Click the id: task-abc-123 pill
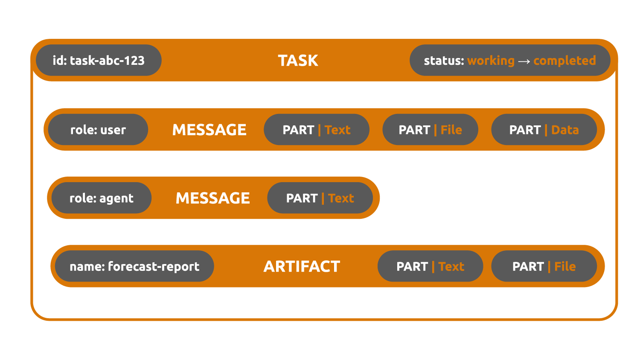pyautogui.click(x=99, y=60)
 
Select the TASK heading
pyautogui.click(x=298, y=61)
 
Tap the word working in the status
pyautogui.click(x=491, y=61)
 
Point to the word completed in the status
pyautogui.click(x=564, y=61)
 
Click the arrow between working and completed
pyautogui.click(x=524, y=61)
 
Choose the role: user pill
pyautogui.click(x=98, y=130)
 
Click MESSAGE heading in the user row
pyautogui.click(x=209, y=130)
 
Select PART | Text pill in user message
pyautogui.click(x=316, y=130)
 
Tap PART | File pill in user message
pyautogui.click(x=430, y=130)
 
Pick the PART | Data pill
pyautogui.click(x=544, y=130)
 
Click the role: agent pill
pyautogui.click(x=102, y=198)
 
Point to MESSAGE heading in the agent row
pyautogui.click(x=212, y=198)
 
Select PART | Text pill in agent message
pyautogui.click(x=320, y=198)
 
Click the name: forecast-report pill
pyautogui.click(x=134, y=266)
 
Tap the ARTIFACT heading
pyautogui.click(x=302, y=266)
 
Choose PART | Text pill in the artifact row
pyautogui.click(x=430, y=266)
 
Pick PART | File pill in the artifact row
pyautogui.click(x=544, y=266)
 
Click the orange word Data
pyautogui.click(x=565, y=130)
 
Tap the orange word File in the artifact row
pyautogui.click(x=565, y=266)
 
